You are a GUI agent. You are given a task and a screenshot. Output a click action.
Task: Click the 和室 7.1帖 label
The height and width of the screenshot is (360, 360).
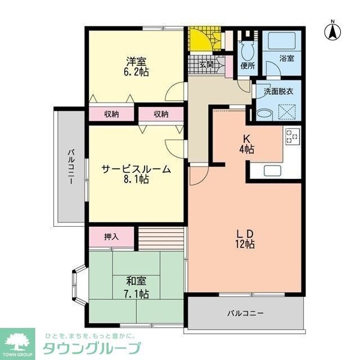(137, 287)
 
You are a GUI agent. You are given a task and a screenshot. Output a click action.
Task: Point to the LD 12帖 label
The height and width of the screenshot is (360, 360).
(245, 238)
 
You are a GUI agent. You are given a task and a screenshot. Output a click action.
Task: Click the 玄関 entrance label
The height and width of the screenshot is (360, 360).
(206, 65)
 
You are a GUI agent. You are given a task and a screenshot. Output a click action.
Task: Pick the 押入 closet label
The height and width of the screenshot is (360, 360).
(111, 237)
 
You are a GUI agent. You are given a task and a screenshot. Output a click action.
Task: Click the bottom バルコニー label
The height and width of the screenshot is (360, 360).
(244, 313)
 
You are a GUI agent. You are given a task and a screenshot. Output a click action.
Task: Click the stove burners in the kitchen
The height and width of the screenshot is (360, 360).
(292, 137)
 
